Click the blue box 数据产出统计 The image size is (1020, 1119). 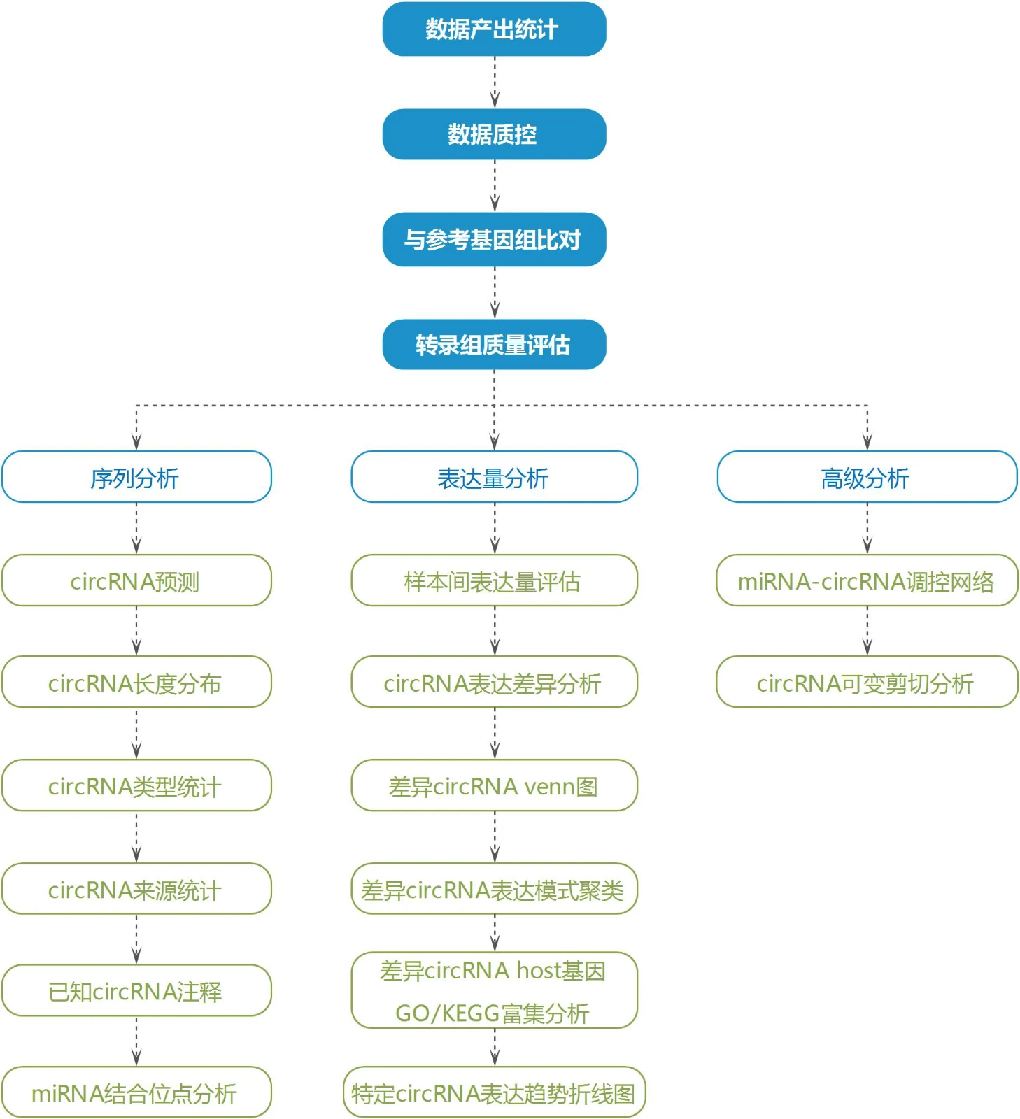click(x=494, y=29)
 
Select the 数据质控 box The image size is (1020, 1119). click(x=494, y=134)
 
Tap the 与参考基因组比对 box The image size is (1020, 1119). click(x=494, y=239)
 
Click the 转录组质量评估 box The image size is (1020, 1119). click(x=494, y=344)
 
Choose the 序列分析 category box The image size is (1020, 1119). click(x=136, y=477)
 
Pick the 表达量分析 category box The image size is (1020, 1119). click(x=494, y=477)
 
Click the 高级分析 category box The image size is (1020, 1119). click(x=867, y=477)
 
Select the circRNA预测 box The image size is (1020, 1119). click(x=136, y=580)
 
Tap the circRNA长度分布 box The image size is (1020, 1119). click(x=136, y=682)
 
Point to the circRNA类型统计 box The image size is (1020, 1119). click(x=136, y=785)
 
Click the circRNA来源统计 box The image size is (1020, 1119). click(x=136, y=889)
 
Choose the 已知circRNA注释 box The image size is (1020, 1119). click(x=136, y=990)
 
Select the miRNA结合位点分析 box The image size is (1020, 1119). click(x=136, y=1092)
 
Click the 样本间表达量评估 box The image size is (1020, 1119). click(x=494, y=580)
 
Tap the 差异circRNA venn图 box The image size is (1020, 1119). click(x=494, y=785)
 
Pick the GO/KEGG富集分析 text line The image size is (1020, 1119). click(x=493, y=1013)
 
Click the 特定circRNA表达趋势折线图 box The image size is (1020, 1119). click(x=494, y=1092)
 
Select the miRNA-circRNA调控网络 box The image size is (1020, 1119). click(x=867, y=580)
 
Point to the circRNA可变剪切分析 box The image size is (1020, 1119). click(x=867, y=682)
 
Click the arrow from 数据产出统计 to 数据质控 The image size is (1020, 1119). click(x=495, y=83)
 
